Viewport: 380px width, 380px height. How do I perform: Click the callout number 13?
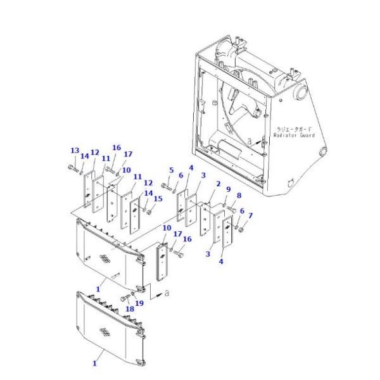(x=74, y=150)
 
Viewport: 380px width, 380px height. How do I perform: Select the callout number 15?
(x=158, y=199)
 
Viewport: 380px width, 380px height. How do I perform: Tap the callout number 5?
(x=171, y=170)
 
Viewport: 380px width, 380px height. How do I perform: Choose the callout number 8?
(x=239, y=196)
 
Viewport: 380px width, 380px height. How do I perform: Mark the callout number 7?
(x=250, y=216)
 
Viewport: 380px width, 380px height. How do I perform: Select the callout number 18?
(x=129, y=308)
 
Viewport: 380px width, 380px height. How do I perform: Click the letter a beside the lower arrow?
(x=167, y=294)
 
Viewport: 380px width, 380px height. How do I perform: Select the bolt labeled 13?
(x=71, y=168)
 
